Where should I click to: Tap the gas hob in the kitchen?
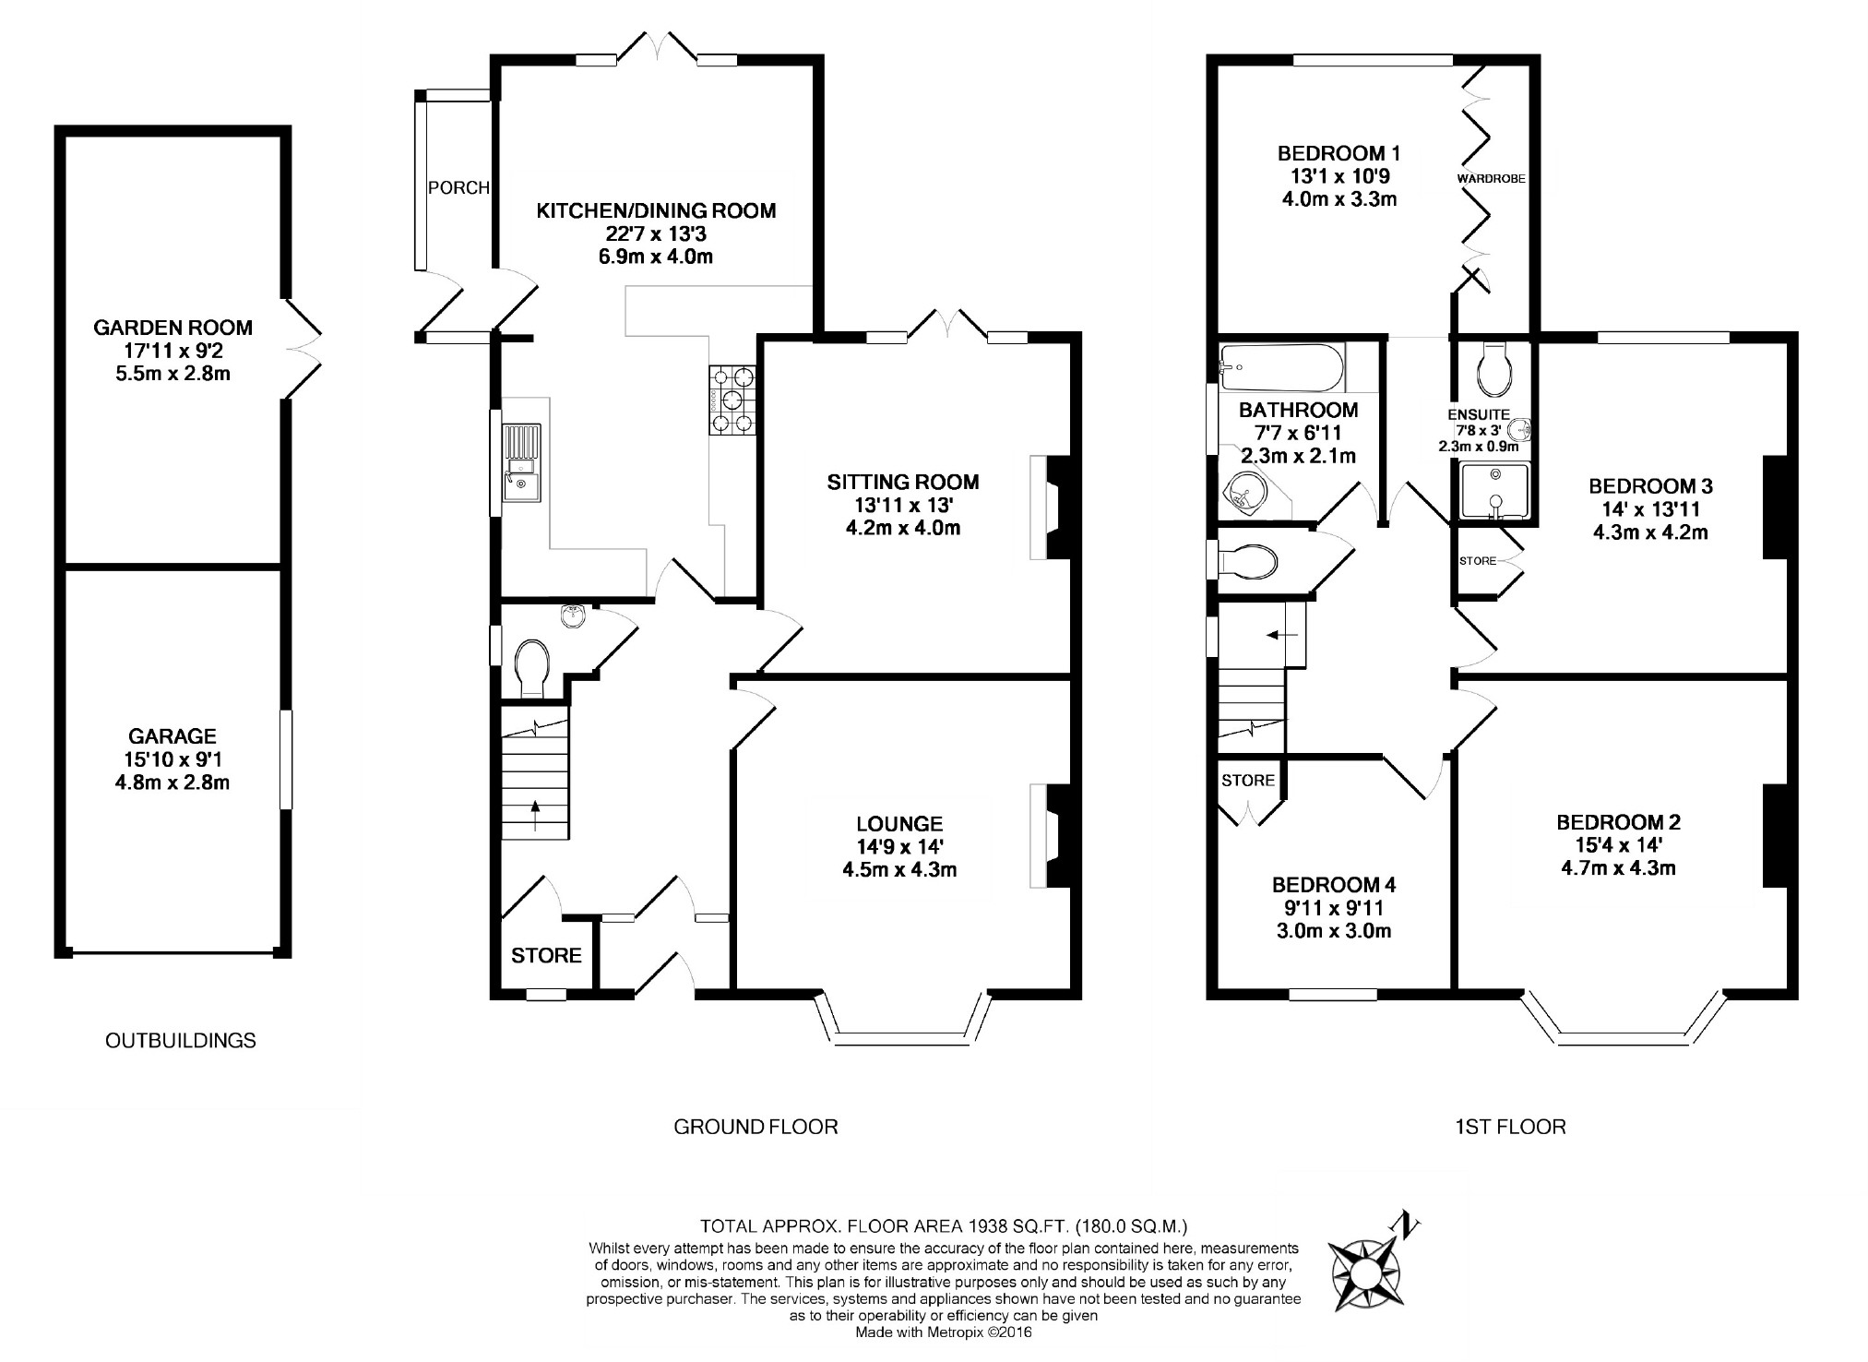tap(732, 400)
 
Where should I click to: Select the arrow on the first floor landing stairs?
tap(1283, 635)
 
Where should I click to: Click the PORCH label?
tap(458, 188)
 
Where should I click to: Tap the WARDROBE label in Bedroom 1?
tap(1491, 179)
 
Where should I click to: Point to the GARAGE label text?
tap(173, 736)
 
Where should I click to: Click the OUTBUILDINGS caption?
tap(181, 1041)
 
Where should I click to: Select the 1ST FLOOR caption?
tap(1510, 1127)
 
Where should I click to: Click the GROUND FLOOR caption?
tap(756, 1127)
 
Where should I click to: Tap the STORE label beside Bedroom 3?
tap(1478, 561)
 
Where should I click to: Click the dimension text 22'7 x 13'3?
tap(656, 234)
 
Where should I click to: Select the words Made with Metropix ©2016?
tap(944, 1332)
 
